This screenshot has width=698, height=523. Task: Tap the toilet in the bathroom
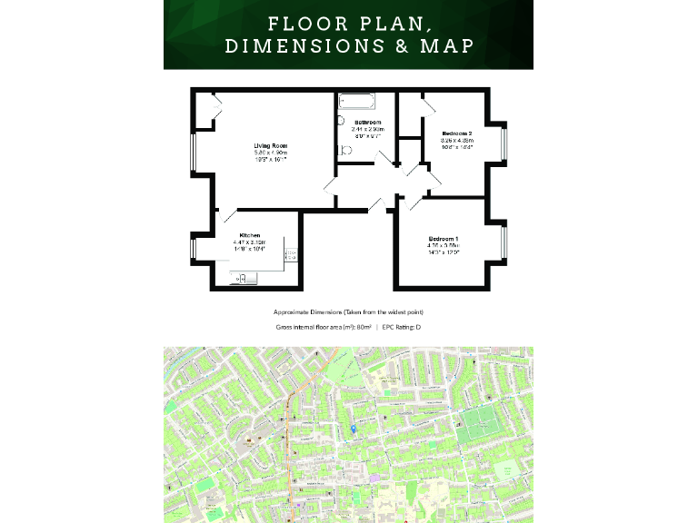344,153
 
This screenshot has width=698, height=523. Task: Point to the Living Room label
270,145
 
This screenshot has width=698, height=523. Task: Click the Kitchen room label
249,235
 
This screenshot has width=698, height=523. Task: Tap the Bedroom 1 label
444,239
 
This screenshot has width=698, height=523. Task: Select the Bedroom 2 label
457,133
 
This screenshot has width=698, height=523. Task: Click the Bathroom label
368,122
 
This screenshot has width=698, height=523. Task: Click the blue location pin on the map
353,429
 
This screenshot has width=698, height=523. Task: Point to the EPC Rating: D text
401,326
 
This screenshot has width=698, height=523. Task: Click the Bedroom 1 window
504,243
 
